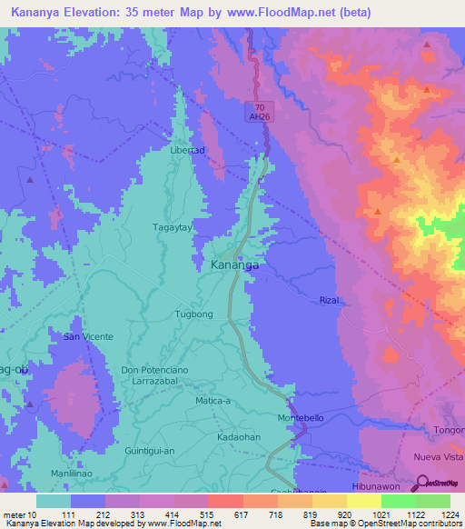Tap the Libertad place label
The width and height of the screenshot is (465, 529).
point(188,149)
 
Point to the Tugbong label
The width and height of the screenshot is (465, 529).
point(193,314)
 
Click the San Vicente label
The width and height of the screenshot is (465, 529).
point(87,336)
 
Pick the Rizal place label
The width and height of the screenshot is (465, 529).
point(329,300)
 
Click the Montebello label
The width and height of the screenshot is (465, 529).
point(301,417)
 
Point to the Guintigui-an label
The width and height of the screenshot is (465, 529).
point(153,450)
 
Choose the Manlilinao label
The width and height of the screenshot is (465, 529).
point(75,474)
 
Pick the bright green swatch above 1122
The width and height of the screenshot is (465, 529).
point(398,501)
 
